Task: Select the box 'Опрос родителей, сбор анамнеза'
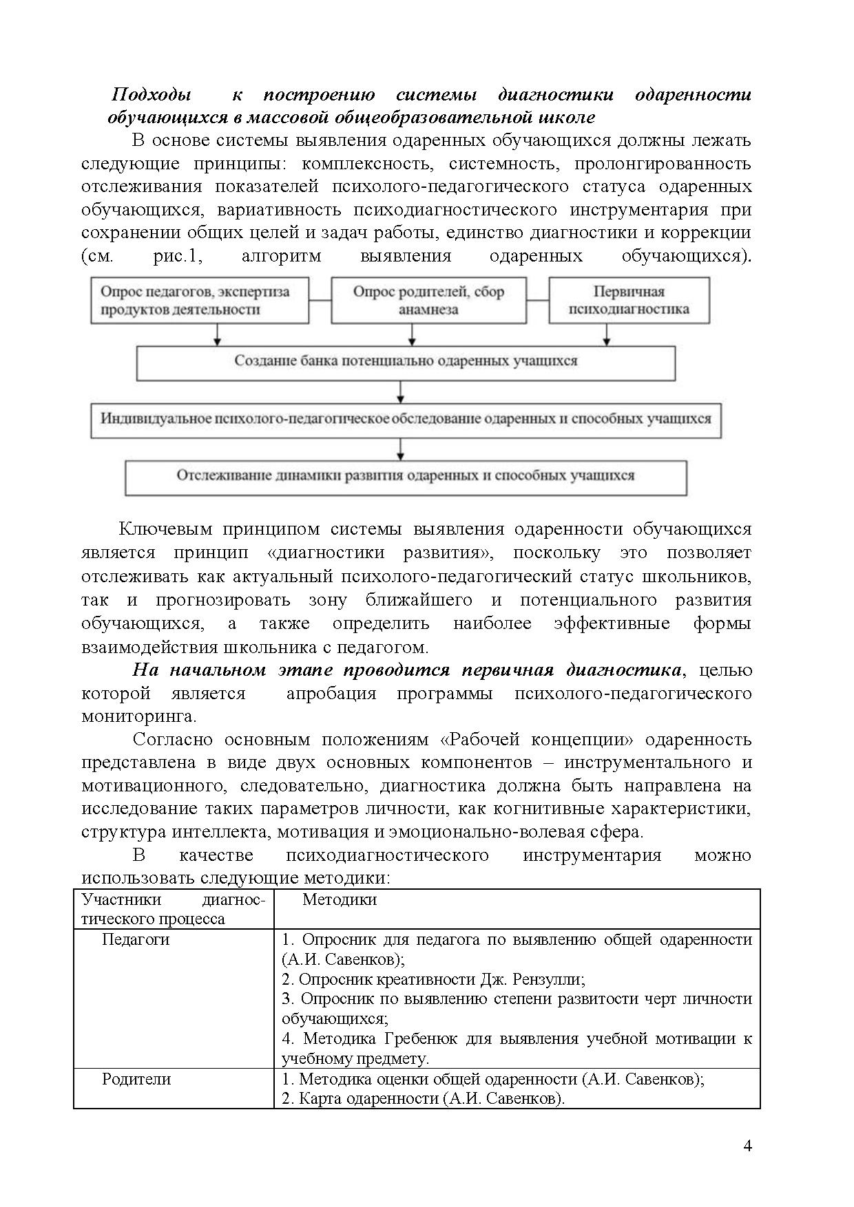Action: click(x=428, y=300)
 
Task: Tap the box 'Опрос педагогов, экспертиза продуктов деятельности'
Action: click(x=199, y=300)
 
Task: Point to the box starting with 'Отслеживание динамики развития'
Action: click(x=406, y=476)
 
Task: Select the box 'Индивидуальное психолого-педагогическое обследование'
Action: click(x=406, y=419)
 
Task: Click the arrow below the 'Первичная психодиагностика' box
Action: click(x=607, y=334)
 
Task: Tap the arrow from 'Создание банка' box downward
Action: click(x=401, y=392)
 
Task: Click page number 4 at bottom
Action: click(x=748, y=1146)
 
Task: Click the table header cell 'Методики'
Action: click(x=340, y=899)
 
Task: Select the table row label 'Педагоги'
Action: click(x=136, y=939)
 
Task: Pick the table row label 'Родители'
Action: click(x=136, y=1078)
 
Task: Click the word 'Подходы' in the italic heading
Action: click(x=152, y=94)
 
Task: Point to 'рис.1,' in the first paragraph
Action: click(x=177, y=257)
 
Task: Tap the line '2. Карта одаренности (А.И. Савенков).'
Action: click(x=423, y=1098)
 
